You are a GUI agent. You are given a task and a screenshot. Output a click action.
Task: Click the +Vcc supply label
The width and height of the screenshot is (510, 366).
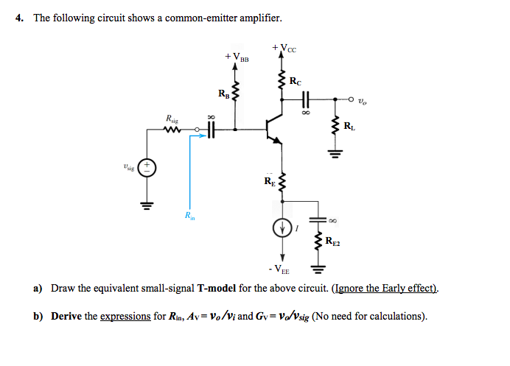tap(284, 49)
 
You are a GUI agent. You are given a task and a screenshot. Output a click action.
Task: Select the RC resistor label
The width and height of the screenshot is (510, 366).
tap(295, 81)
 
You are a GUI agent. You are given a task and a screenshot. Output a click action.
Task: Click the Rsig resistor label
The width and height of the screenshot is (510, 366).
tap(172, 119)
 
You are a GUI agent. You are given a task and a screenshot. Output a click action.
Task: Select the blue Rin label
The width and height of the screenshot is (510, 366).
tap(190, 216)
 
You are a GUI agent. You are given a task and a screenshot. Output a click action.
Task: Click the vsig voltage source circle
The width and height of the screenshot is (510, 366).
tap(147, 167)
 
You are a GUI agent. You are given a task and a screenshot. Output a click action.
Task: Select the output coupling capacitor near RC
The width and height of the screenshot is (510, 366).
tap(305, 98)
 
